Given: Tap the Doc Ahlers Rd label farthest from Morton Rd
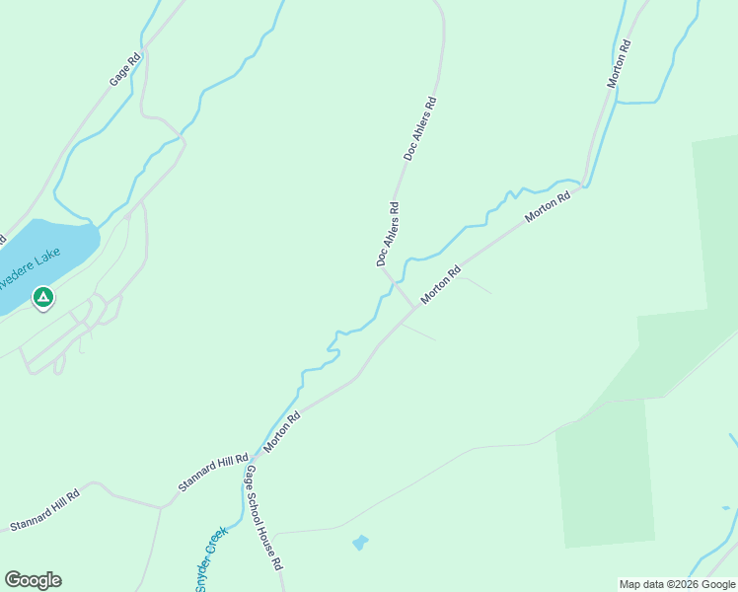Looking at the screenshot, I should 419,128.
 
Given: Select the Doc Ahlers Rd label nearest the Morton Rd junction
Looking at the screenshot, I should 387,235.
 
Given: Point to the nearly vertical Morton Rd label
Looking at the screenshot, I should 619,64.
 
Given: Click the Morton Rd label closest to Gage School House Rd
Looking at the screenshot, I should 281,432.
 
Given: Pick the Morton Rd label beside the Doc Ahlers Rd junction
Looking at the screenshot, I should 441,285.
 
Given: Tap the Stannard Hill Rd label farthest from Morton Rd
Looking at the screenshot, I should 43,510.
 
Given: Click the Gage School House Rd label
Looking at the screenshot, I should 264,519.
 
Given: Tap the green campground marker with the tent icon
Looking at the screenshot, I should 42,296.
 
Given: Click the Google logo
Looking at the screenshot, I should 33,580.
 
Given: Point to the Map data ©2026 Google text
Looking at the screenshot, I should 677,584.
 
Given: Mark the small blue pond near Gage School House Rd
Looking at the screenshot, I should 359,543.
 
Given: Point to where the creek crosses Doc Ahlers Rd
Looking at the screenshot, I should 396,282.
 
